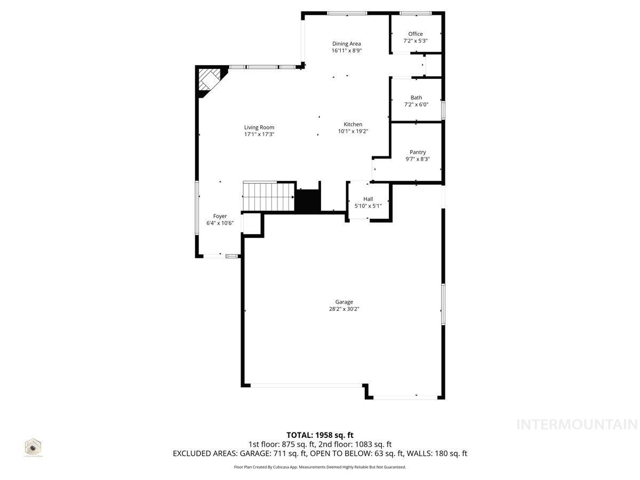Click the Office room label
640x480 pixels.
tap(415, 34)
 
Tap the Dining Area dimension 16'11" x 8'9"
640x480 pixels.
tap(347, 51)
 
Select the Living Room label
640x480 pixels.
tap(259, 127)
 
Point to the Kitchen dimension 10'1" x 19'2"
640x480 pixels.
tap(353, 131)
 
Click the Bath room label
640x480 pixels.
tap(416, 98)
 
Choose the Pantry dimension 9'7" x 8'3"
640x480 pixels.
tap(418, 159)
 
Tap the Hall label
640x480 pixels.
tap(368, 199)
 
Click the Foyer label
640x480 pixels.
tap(220, 216)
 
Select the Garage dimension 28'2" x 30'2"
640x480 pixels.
tap(344, 309)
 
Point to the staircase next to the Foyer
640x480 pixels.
tap(268, 196)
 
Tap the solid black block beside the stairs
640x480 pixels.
tap(308, 200)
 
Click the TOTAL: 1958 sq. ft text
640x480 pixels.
tap(319, 435)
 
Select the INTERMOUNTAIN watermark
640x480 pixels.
tap(577, 425)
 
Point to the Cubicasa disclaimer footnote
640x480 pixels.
tap(320, 467)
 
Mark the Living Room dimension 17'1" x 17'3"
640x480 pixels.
tap(259, 134)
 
